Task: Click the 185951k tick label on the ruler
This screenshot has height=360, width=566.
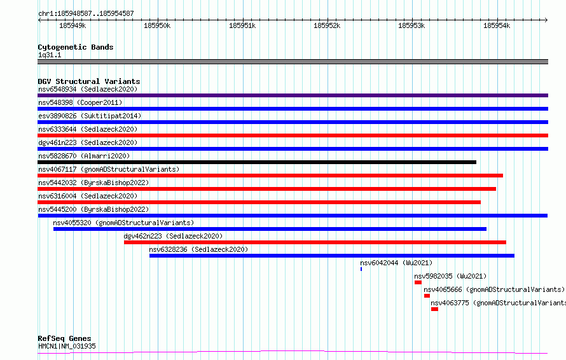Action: click(242, 25)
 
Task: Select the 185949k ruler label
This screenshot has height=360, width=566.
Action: click(72, 25)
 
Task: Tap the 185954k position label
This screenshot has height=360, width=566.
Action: click(497, 25)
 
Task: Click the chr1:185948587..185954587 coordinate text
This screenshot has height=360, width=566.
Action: click(86, 14)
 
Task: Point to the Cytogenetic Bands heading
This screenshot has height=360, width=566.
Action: click(76, 47)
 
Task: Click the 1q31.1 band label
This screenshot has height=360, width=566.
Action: click(50, 55)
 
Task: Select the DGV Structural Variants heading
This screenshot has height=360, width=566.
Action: click(89, 81)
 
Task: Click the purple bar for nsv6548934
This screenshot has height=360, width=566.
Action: click(293, 95)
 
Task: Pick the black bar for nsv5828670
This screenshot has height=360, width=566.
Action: click(257, 162)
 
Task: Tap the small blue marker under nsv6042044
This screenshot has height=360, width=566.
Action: click(361, 269)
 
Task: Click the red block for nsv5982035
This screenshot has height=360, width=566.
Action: click(418, 282)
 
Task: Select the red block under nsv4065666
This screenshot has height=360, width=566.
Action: click(427, 296)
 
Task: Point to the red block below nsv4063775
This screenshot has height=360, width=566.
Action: click(434, 309)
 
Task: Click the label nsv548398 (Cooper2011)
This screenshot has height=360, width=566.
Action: click(80, 102)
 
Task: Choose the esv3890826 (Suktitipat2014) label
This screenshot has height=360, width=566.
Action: click(90, 116)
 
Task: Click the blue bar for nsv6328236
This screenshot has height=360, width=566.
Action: click(332, 256)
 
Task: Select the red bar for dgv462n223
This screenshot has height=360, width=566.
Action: click(315, 242)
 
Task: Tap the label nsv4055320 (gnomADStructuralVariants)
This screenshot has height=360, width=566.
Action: click(123, 223)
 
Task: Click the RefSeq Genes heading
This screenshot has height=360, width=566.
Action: click(64, 338)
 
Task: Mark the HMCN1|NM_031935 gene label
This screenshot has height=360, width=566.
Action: click(67, 346)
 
